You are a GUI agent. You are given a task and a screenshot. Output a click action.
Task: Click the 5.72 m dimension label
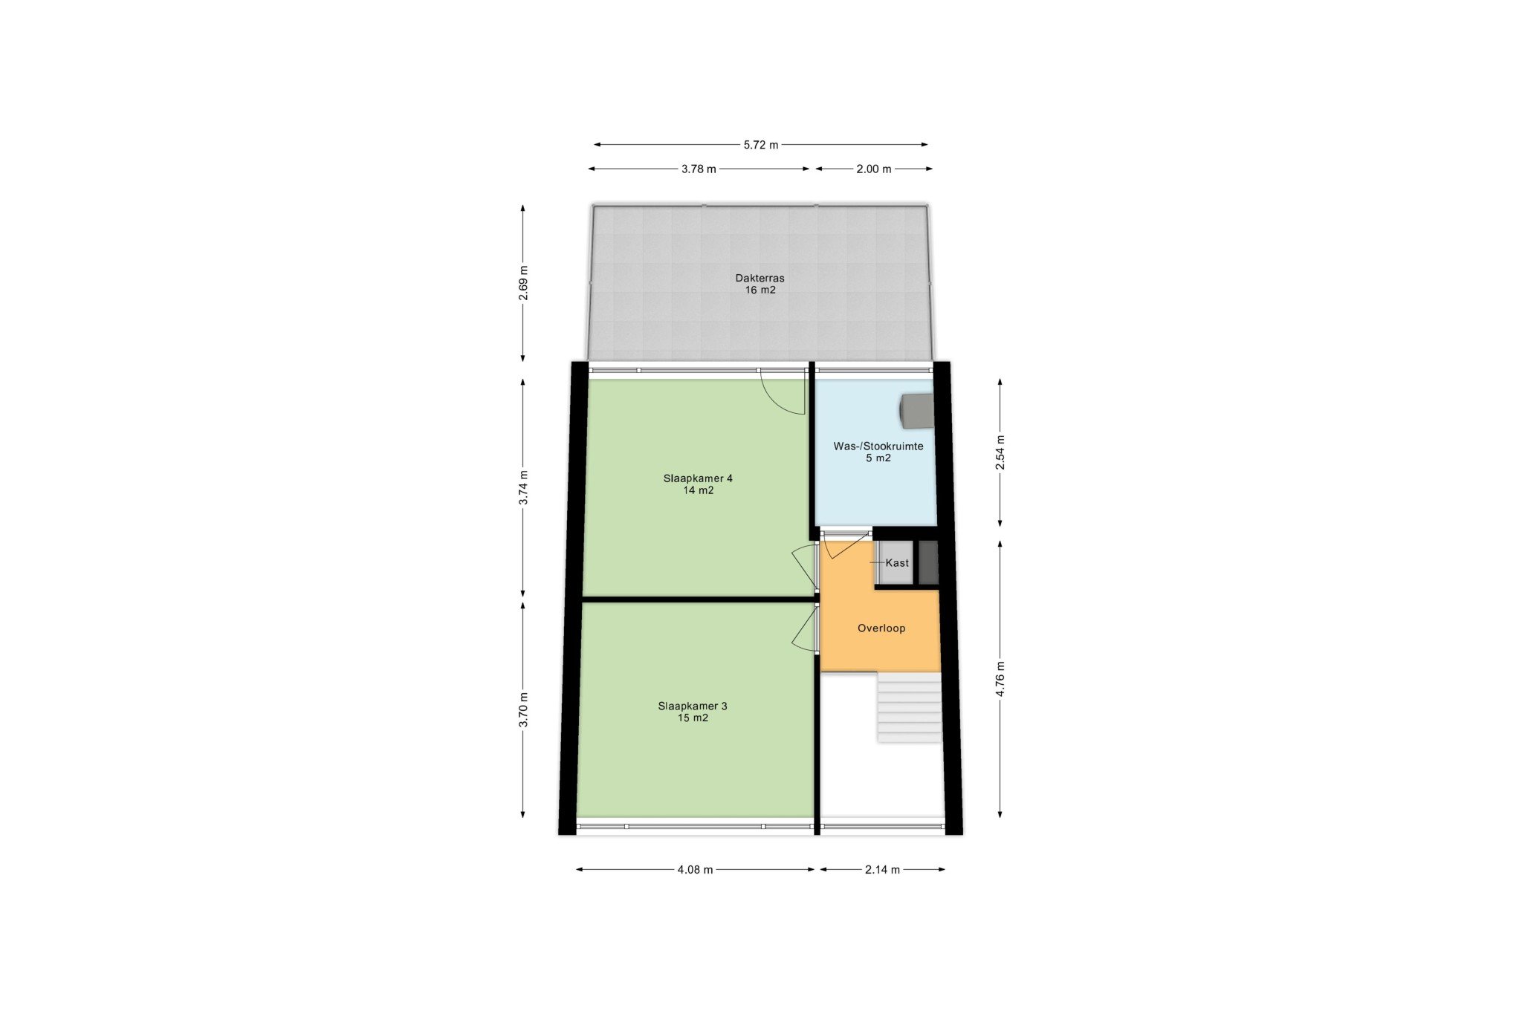(760, 145)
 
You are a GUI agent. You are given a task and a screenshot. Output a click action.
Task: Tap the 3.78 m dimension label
(699, 169)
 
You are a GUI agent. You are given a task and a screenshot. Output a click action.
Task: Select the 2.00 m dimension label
(873, 169)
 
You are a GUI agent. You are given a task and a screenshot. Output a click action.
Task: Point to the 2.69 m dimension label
(524, 283)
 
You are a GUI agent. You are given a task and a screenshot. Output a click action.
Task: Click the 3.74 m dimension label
(524, 488)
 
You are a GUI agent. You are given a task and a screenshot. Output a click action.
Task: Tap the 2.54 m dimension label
(1000, 452)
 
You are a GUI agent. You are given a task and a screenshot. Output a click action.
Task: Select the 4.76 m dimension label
(1000, 679)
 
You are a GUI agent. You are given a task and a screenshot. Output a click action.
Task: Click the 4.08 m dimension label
(695, 869)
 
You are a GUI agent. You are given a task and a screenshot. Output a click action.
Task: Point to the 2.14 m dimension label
(882, 869)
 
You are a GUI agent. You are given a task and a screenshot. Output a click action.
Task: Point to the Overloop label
(881, 628)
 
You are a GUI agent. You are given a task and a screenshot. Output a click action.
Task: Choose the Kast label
(897, 562)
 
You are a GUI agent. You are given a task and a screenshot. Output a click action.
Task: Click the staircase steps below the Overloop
(909, 707)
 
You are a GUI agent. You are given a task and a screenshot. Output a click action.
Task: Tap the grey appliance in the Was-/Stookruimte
(916, 411)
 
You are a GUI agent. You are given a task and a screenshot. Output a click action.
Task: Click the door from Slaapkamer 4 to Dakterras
(783, 391)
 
